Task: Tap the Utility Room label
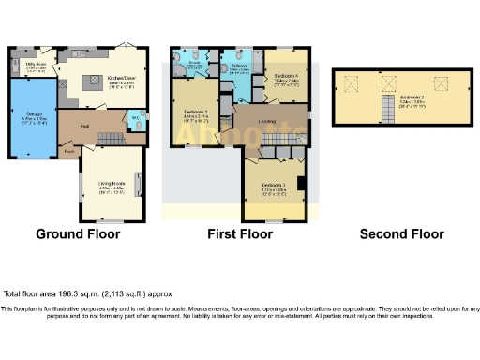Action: [35, 66]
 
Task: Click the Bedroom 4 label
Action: [286, 78]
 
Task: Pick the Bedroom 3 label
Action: [272, 184]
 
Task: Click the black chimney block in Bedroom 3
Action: [299, 184]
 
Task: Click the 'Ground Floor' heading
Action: [79, 234]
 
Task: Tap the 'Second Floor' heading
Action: [401, 234]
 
